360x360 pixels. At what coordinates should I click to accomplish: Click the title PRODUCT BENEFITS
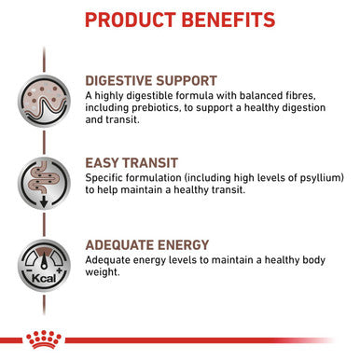click(x=180, y=20)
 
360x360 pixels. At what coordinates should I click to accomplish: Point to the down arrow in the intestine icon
click(x=43, y=199)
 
